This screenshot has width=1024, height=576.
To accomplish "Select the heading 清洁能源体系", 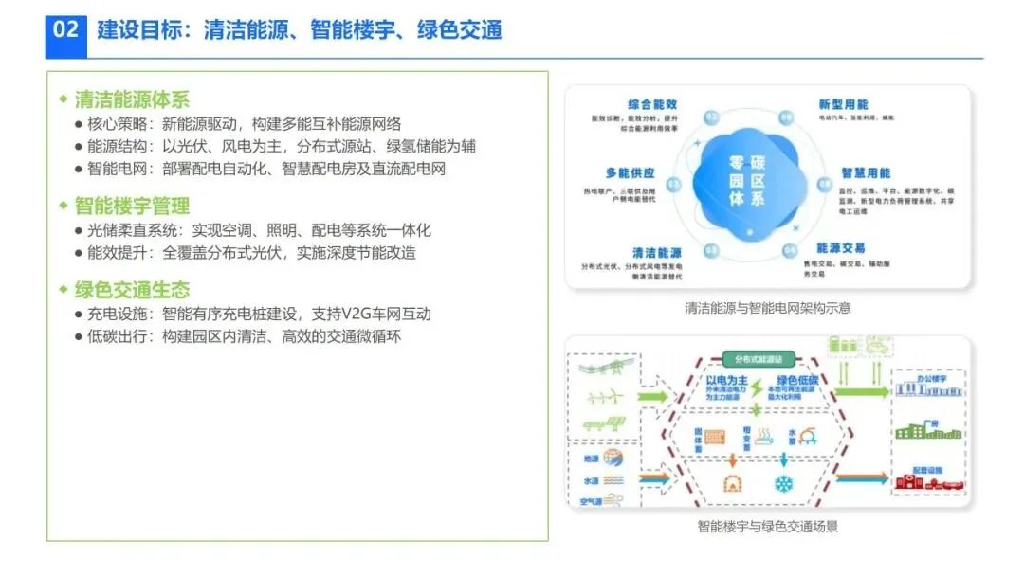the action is point(132,99).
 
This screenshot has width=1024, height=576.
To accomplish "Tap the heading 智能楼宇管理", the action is point(132,206).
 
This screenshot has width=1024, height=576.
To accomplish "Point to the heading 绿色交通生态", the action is point(132,290).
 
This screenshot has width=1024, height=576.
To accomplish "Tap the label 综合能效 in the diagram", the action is point(652,104).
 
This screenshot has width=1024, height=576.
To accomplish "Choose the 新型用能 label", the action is point(843,104).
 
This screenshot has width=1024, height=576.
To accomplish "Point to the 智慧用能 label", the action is point(866,173).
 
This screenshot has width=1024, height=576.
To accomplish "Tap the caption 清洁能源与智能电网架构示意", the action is point(767,308).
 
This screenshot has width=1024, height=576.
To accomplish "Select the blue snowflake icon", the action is point(784,484).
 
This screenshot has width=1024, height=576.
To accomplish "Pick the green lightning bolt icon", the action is point(757,410).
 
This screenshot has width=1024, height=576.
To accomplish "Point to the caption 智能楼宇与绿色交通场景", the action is point(767,527).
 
